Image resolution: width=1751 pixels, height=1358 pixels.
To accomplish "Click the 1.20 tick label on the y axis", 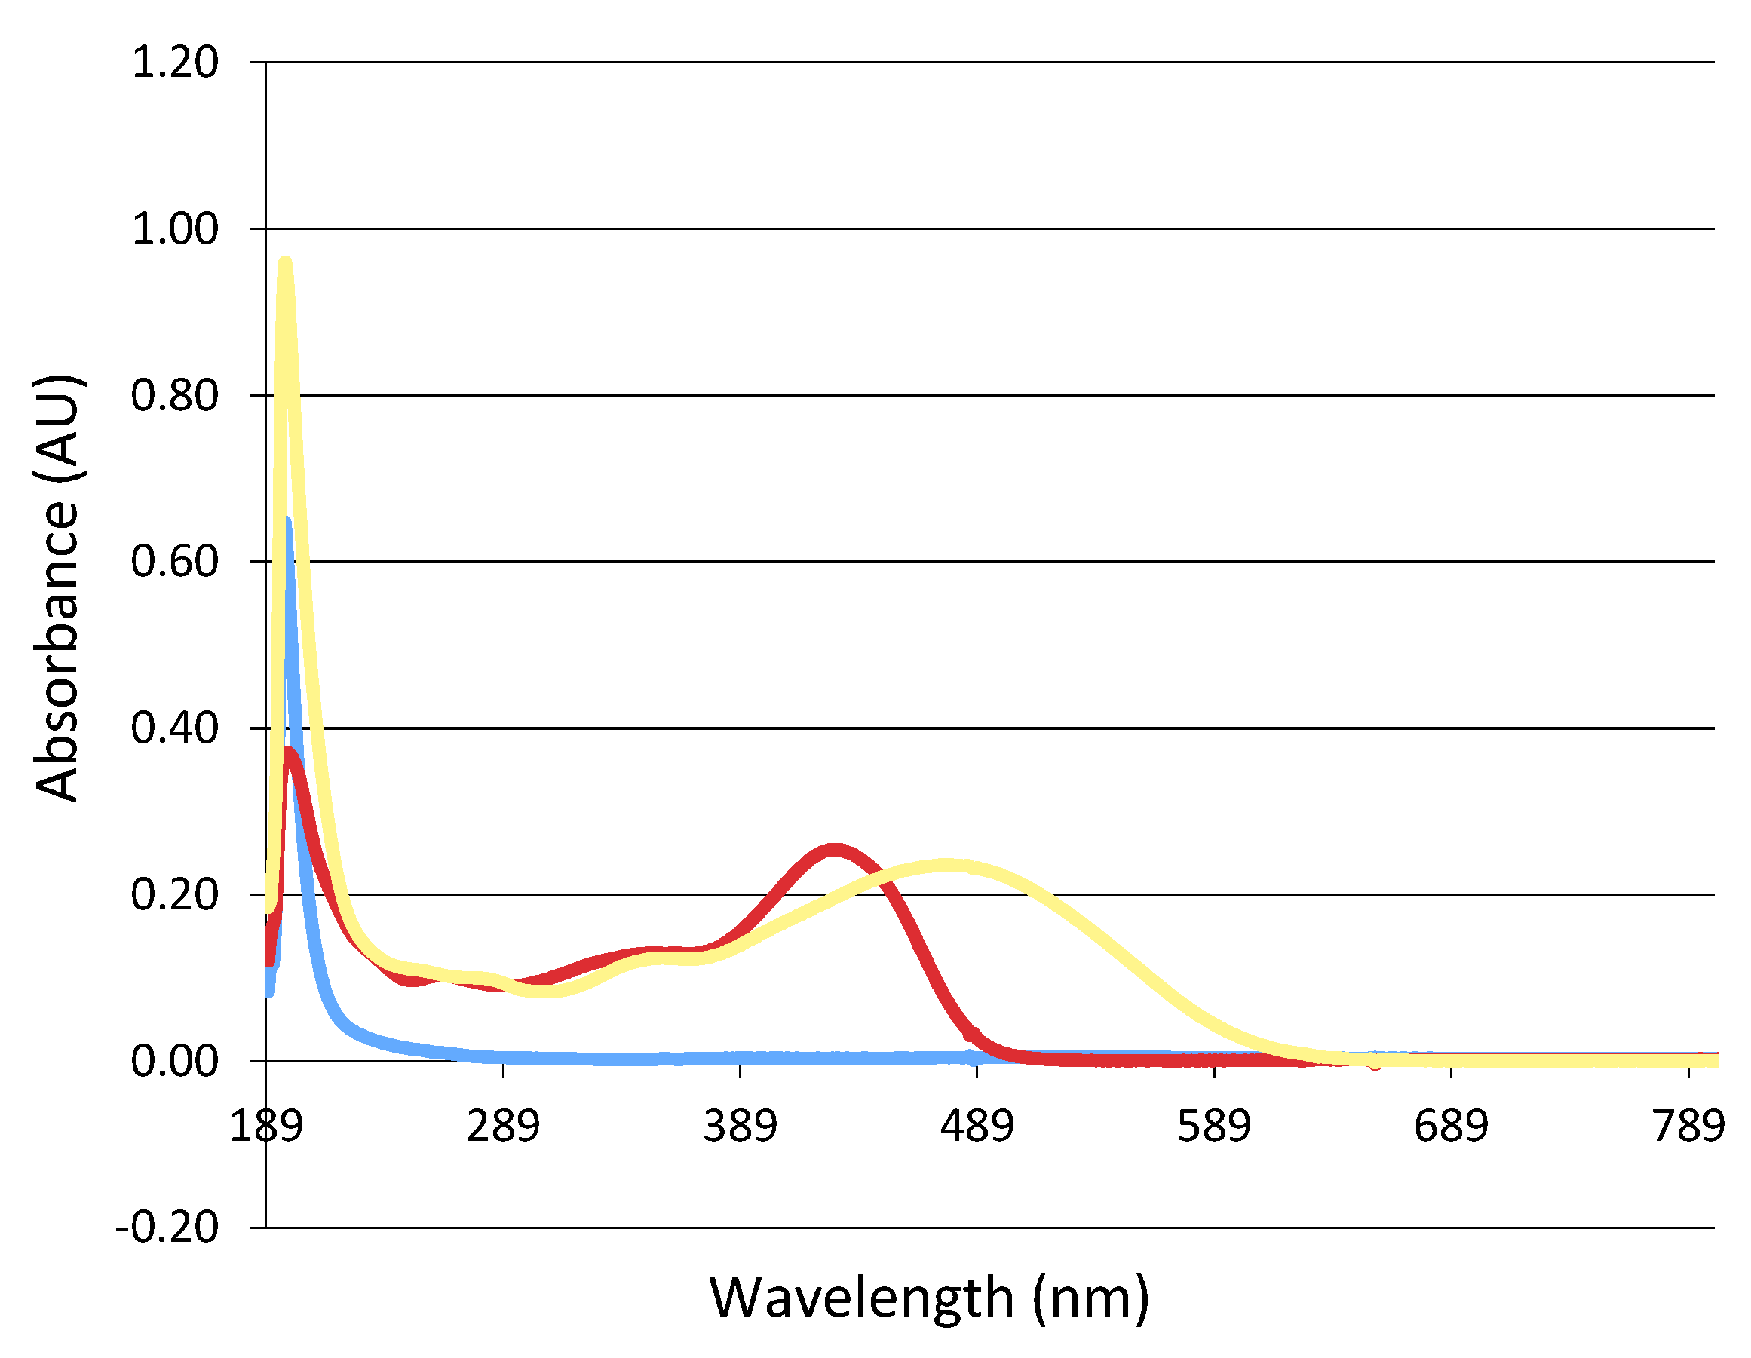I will pyautogui.click(x=174, y=63).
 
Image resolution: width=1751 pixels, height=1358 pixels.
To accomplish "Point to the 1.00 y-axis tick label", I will pyautogui.click(x=174, y=229).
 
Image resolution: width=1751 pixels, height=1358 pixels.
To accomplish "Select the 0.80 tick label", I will pyautogui.click(x=174, y=396).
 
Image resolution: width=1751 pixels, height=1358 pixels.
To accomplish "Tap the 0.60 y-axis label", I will pyautogui.click(x=174, y=561).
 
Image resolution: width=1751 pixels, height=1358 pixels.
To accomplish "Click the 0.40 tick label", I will pyautogui.click(x=174, y=728).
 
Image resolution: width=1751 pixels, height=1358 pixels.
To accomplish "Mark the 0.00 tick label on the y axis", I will pyautogui.click(x=174, y=1062).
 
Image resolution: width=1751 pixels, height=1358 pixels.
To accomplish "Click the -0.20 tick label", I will pyautogui.click(x=167, y=1228).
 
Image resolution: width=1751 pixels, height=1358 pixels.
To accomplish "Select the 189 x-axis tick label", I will pyautogui.click(x=266, y=1127).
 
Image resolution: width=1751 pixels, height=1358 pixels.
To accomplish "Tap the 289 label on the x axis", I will pyautogui.click(x=504, y=1127).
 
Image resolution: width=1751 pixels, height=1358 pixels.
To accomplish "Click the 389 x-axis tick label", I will pyautogui.click(x=740, y=1127).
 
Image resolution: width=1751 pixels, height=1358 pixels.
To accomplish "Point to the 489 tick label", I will pyautogui.click(x=977, y=1127).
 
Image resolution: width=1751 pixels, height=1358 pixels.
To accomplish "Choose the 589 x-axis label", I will pyautogui.click(x=1214, y=1127).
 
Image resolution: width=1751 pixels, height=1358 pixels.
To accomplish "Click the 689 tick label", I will pyautogui.click(x=1451, y=1127).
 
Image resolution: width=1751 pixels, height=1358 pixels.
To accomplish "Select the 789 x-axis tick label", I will pyautogui.click(x=1688, y=1127).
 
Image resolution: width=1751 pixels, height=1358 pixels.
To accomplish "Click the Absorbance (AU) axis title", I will pyautogui.click(x=58, y=587).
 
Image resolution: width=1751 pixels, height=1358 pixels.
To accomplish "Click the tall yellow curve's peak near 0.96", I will pyautogui.click(x=284, y=262).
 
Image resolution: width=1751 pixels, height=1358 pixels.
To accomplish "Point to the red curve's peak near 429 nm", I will pyautogui.click(x=836, y=850).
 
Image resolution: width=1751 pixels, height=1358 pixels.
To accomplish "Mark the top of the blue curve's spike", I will pyautogui.click(x=287, y=521).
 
